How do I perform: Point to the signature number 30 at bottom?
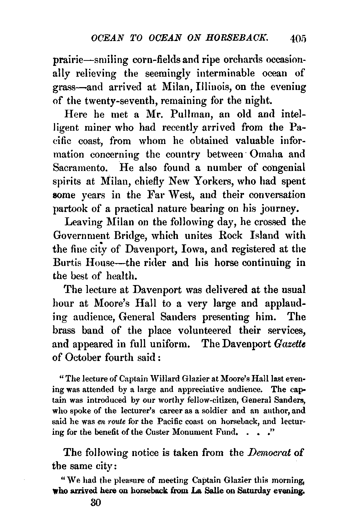(95, 503)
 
